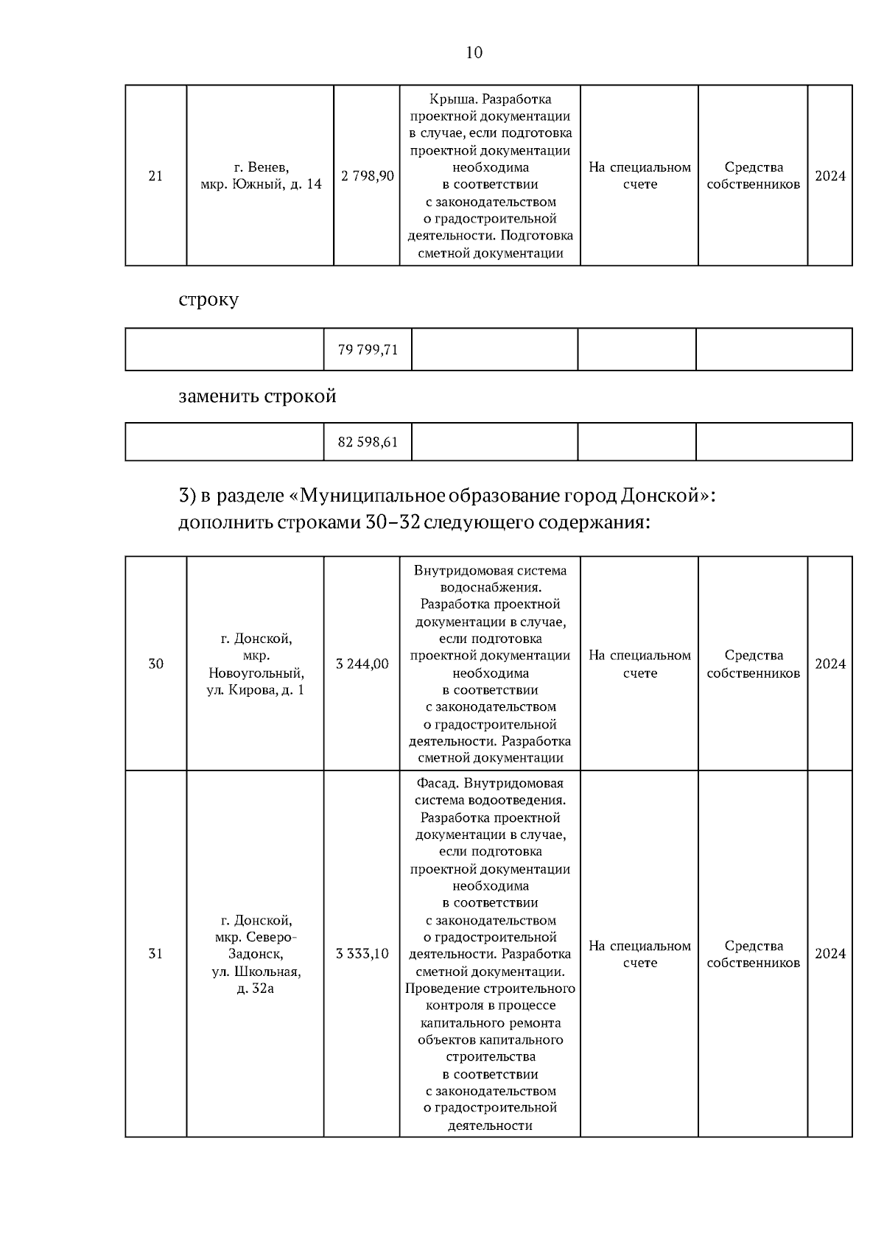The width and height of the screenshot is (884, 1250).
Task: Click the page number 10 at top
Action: click(x=474, y=52)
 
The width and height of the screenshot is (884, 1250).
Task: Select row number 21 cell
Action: click(x=155, y=176)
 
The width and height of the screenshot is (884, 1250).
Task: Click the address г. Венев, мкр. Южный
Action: click(x=261, y=176)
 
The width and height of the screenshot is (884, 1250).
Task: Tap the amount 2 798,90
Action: click(x=368, y=176)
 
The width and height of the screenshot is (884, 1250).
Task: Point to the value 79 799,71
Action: click(x=368, y=350)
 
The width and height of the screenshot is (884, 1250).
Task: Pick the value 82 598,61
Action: click(x=368, y=443)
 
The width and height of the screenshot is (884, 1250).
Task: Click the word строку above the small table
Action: click(x=208, y=301)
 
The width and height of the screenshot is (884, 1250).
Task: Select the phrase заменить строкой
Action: click(x=257, y=396)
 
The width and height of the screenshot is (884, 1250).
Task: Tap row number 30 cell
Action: click(x=155, y=664)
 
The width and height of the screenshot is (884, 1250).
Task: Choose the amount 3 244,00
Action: click(x=362, y=664)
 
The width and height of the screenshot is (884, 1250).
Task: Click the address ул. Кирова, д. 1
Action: click(x=255, y=690)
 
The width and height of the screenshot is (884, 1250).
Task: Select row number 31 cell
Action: click(x=155, y=954)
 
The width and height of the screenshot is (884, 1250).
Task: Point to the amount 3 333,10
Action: click(x=362, y=954)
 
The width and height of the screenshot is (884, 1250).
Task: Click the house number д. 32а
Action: click(x=255, y=989)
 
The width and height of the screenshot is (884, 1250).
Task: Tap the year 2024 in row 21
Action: click(x=830, y=176)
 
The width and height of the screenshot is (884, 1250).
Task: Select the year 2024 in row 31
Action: click(x=830, y=954)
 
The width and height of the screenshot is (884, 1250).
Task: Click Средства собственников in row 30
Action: click(x=753, y=664)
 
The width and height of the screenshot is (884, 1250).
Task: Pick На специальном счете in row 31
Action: click(x=639, y=954)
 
